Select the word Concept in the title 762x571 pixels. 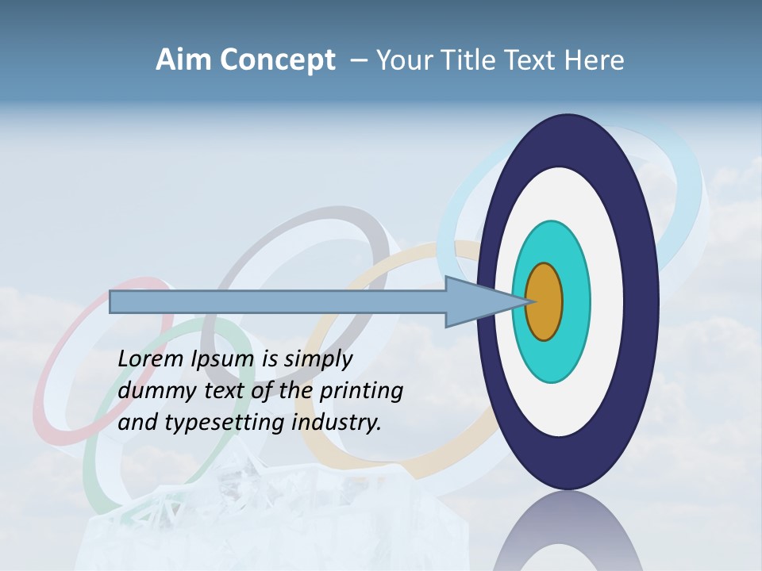pyautogui.click(x=277, y=61)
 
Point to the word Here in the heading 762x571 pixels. pyautogui.click(x=595, y=60)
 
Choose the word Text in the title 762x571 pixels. pyautogui.click(x=533, y=60)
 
